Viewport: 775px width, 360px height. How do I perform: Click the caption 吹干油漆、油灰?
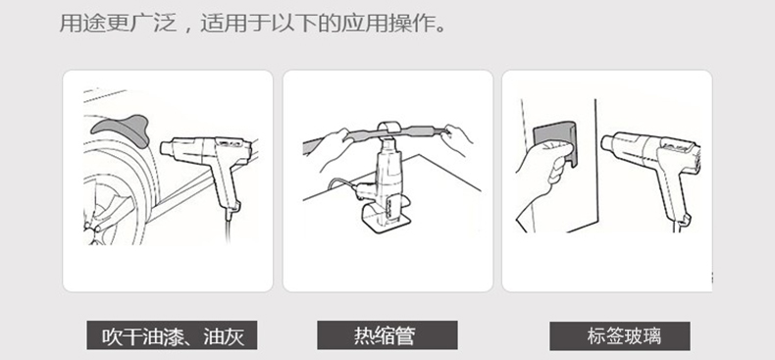coord(173,336)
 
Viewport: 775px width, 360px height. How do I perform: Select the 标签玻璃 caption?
coord(624,336)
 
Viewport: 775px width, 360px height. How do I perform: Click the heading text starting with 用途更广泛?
coord(252,24)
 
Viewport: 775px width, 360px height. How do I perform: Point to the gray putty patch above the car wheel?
coord(121,129)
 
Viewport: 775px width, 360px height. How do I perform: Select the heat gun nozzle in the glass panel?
coord(609,145)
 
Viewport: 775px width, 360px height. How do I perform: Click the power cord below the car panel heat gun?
coord(229,228)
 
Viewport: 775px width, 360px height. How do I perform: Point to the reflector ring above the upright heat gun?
coord(390,129)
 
